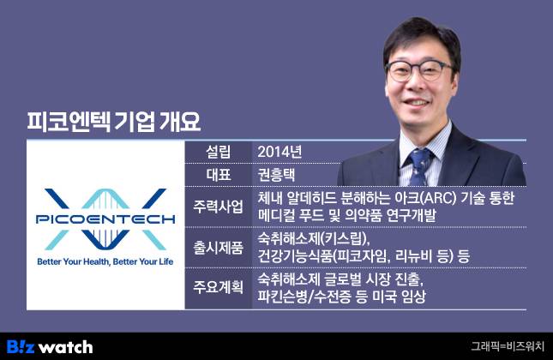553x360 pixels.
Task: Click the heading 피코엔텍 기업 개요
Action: click(114, 122)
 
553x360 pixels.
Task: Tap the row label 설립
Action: click(218, 152)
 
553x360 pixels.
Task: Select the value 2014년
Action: click(280, 152)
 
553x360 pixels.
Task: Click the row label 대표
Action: click(218, 175)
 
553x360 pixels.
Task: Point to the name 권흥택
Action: click(276, 175)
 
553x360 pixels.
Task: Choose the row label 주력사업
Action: click(218, 207)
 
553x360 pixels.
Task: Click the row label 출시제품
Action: click(218, 248)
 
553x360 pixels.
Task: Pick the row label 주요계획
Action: click(218, 288)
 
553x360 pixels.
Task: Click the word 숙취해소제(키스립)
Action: click(314, 239)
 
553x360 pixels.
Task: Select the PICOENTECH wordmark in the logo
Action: click(105, 219)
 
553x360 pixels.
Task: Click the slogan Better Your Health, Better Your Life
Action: click(105, 261)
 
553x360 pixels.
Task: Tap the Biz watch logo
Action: click(50, 347)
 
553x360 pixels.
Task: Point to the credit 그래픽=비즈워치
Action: click(508, 346)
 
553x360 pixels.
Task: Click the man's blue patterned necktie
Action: click(420, 166)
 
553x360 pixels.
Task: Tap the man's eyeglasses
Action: click(419, 69)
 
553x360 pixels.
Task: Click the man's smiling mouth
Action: click(418, 103)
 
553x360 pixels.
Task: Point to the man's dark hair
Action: click(422, 39)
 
